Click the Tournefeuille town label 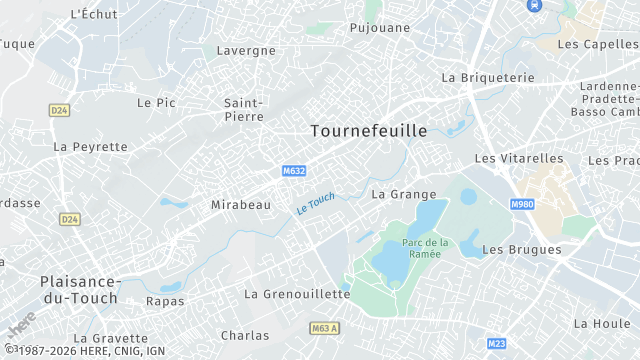368,131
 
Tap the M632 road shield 294,171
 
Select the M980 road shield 522,204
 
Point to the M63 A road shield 325,327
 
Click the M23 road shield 496,343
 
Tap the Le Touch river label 316,202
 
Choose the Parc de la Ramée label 426,248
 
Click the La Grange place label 404,194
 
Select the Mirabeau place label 241,204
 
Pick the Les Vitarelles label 519,158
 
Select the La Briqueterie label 488,77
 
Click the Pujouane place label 380,28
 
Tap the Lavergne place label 246,50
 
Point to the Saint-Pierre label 243,109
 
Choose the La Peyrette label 91,146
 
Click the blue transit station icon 533,5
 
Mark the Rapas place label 165,300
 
